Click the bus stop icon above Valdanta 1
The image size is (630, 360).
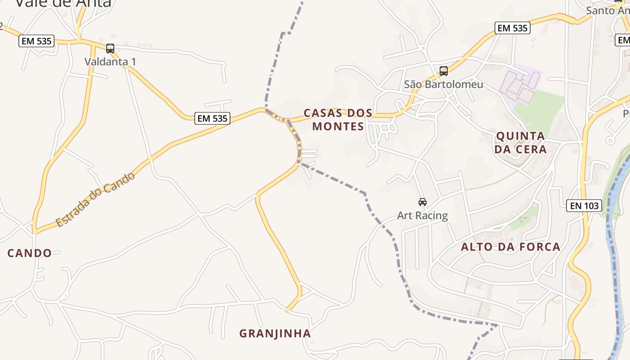point(110,49)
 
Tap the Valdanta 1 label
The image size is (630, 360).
point(110,62)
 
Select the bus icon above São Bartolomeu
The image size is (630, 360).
point(444,71)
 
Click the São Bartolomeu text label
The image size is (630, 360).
point(443,84)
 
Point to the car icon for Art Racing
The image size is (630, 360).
point(422,202)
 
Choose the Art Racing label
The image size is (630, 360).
point(422,216)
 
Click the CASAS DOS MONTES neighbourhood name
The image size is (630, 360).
point(338,119)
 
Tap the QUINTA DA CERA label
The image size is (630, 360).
point(521,142)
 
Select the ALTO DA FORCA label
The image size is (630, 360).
point(510,247)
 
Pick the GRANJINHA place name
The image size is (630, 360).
point(275,333)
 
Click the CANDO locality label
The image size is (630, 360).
point(30,253)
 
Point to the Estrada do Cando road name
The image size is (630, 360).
point(95,199)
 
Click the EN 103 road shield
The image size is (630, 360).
point(584,206)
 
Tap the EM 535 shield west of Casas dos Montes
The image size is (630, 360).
point(213,118)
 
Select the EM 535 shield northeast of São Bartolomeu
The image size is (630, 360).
point(512,28)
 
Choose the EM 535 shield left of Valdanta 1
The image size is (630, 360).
point(36,41)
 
